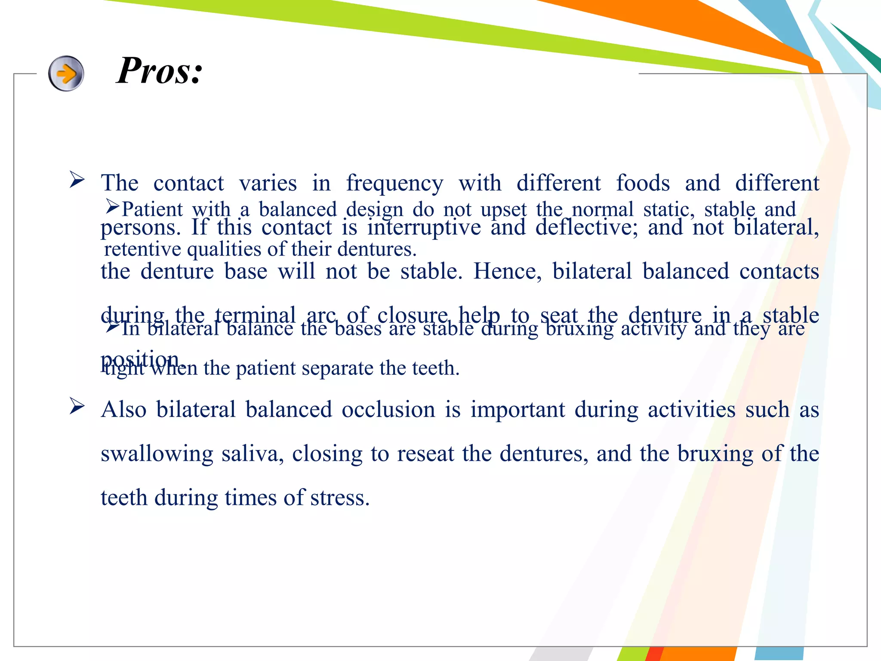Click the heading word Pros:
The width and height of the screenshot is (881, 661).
[160, 71]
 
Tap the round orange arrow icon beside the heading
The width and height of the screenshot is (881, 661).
[66, 74]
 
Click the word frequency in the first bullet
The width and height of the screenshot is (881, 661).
[394, 184]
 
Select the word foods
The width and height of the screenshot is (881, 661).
[643, 183]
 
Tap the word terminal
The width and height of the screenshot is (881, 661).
[255, 315]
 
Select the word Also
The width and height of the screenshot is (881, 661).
[124, 409]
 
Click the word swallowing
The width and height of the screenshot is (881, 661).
[157, 454]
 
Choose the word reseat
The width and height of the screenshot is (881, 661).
[425, 454]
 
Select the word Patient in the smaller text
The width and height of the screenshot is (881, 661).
[152, 210]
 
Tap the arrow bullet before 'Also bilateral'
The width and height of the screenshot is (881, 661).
[77, 406]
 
